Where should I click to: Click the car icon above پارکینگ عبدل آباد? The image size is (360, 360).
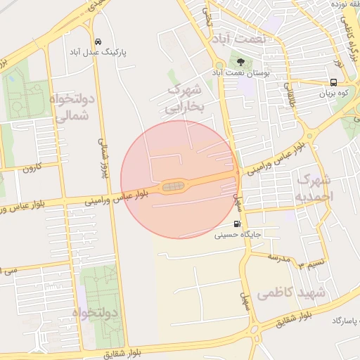(x=97, y=41)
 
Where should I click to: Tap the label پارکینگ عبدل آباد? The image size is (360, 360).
(x=97, y=51)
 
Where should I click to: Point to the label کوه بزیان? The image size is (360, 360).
(x=333, y=93)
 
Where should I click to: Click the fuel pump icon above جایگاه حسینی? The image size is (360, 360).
(x=226, y=224)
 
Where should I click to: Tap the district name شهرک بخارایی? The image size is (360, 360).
(x=184, y=98)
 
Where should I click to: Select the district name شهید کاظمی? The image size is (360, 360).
(x=290, y=292)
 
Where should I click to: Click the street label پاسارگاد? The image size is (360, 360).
(x=345, y=320)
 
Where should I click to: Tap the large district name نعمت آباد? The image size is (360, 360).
(x=243, y=39)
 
